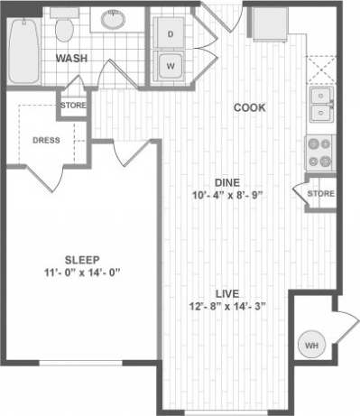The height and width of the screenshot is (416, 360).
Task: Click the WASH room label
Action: click(71, 60)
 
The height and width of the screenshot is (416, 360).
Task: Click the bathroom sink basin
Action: click(115, 21)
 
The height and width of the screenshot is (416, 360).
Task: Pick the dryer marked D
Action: click(170, 34)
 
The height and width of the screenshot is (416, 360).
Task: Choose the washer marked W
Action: click(170, 66)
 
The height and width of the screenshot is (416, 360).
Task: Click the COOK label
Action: click(249, 107)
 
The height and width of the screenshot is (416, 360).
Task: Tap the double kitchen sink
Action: click(320, 104)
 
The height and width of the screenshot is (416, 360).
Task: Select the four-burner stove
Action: click(320, 153)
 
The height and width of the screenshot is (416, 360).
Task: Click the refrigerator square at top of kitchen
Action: click(266, 26)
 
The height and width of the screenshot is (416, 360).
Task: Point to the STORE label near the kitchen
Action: click(320, 193)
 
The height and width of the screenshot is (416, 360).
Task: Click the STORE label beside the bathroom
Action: click(73, 106)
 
